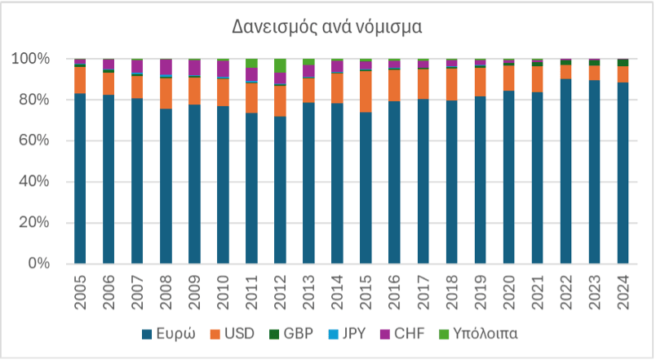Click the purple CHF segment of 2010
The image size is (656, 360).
point(223,69)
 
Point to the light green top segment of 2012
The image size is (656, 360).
point(280,65)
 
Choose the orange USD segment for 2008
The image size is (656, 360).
point(166,93)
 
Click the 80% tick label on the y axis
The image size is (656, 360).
point(34,100)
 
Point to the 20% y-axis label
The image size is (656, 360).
point(34,223)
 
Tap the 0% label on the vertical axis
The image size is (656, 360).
point(39,264)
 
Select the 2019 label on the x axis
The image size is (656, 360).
point(480,290)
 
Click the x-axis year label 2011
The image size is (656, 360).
point(251,290)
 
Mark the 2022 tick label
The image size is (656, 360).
point(565,290)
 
